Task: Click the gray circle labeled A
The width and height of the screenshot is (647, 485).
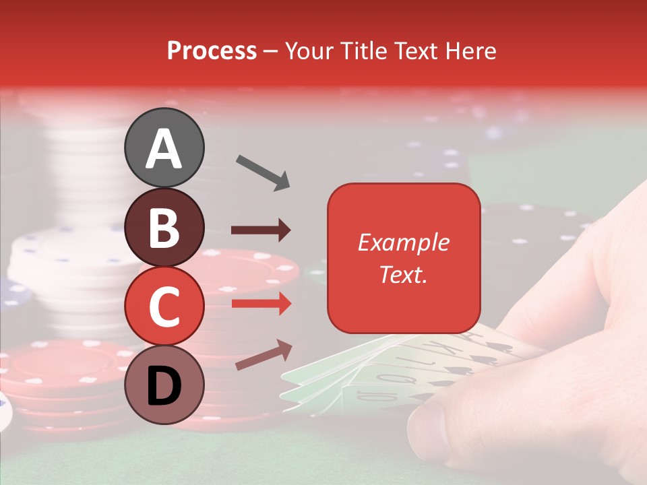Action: click(164, 148)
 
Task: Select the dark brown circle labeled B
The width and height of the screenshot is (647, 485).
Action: click(164, 226)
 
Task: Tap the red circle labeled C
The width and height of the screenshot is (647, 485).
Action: click(164, 305)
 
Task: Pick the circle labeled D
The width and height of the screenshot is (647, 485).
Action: click(164, 385)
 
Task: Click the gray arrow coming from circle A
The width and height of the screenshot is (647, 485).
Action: click(263, 172)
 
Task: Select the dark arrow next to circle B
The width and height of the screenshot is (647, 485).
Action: click(261, 230)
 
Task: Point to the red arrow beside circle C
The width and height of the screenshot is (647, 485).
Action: click(261, 304)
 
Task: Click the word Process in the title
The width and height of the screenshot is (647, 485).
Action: click(212, 51)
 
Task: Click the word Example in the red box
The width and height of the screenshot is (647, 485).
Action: click(403, 243)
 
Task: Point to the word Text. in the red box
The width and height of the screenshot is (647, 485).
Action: click(403, 274)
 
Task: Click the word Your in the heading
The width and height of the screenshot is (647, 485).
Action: click(310, 51)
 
